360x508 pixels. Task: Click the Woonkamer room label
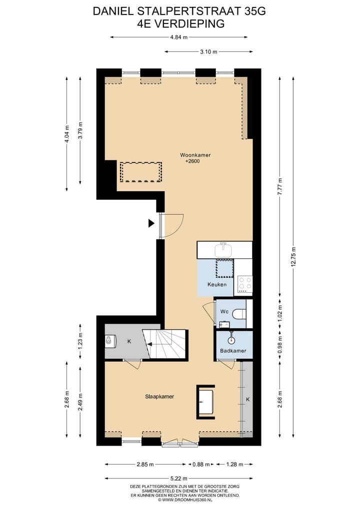point(195,155)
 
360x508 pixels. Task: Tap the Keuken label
point(217,285)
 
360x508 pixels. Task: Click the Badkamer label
point(233,351)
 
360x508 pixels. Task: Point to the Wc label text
point(224,312)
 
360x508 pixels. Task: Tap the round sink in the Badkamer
point(231,340)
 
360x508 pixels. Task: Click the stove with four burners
point(245,284)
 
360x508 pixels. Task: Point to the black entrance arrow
point(151,223)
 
